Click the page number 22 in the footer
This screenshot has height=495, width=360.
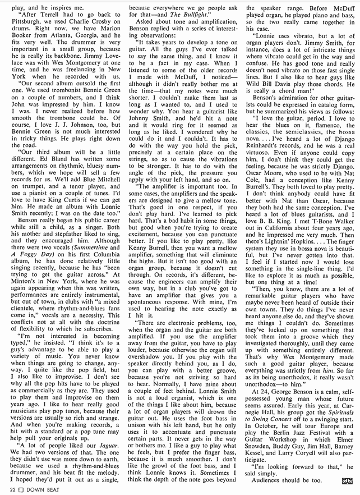(x=5, y=491)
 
